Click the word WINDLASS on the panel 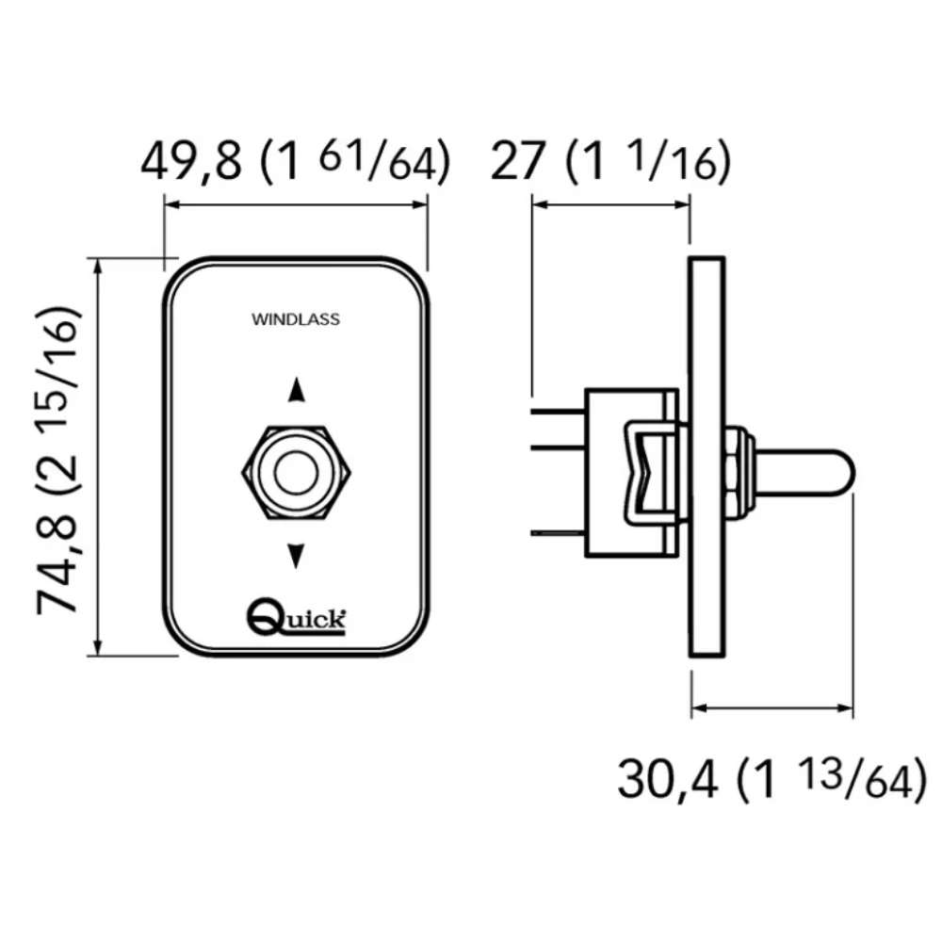click(x=296, y=319)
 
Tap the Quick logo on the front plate click(x=296, y=616)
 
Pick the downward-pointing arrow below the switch click(x=296, y=556)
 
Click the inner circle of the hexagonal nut click(x=296, y=472)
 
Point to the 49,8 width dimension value click(x=190, y=161)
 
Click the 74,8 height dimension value click(x=57, y=563)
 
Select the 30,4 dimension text click(x=667, y=780)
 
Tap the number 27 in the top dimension click(x=518, y=160)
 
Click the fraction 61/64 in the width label click(x=378, y=161)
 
